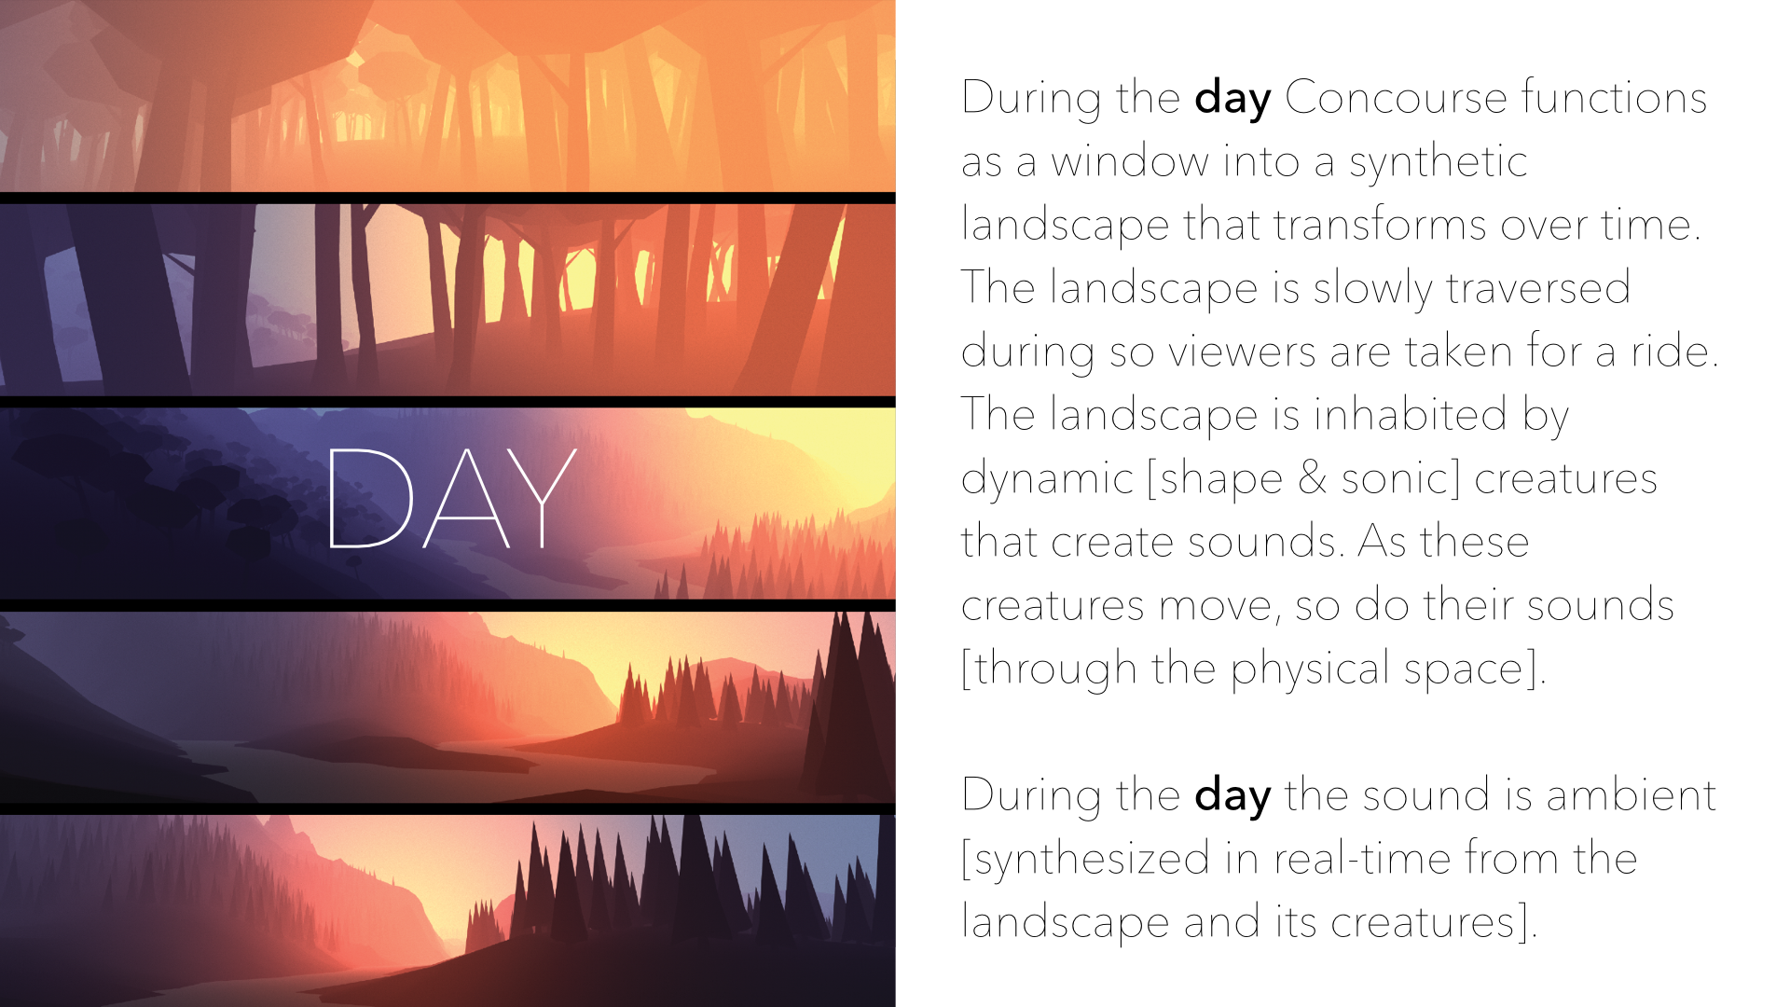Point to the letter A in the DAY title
(x=466, y=498)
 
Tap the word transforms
(x=1380, y=225)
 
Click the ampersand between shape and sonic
(x=1312, y=478)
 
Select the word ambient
(x=1631, y=795)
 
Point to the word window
(x=1129, y=161)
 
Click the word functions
(x=1615, y=97)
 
